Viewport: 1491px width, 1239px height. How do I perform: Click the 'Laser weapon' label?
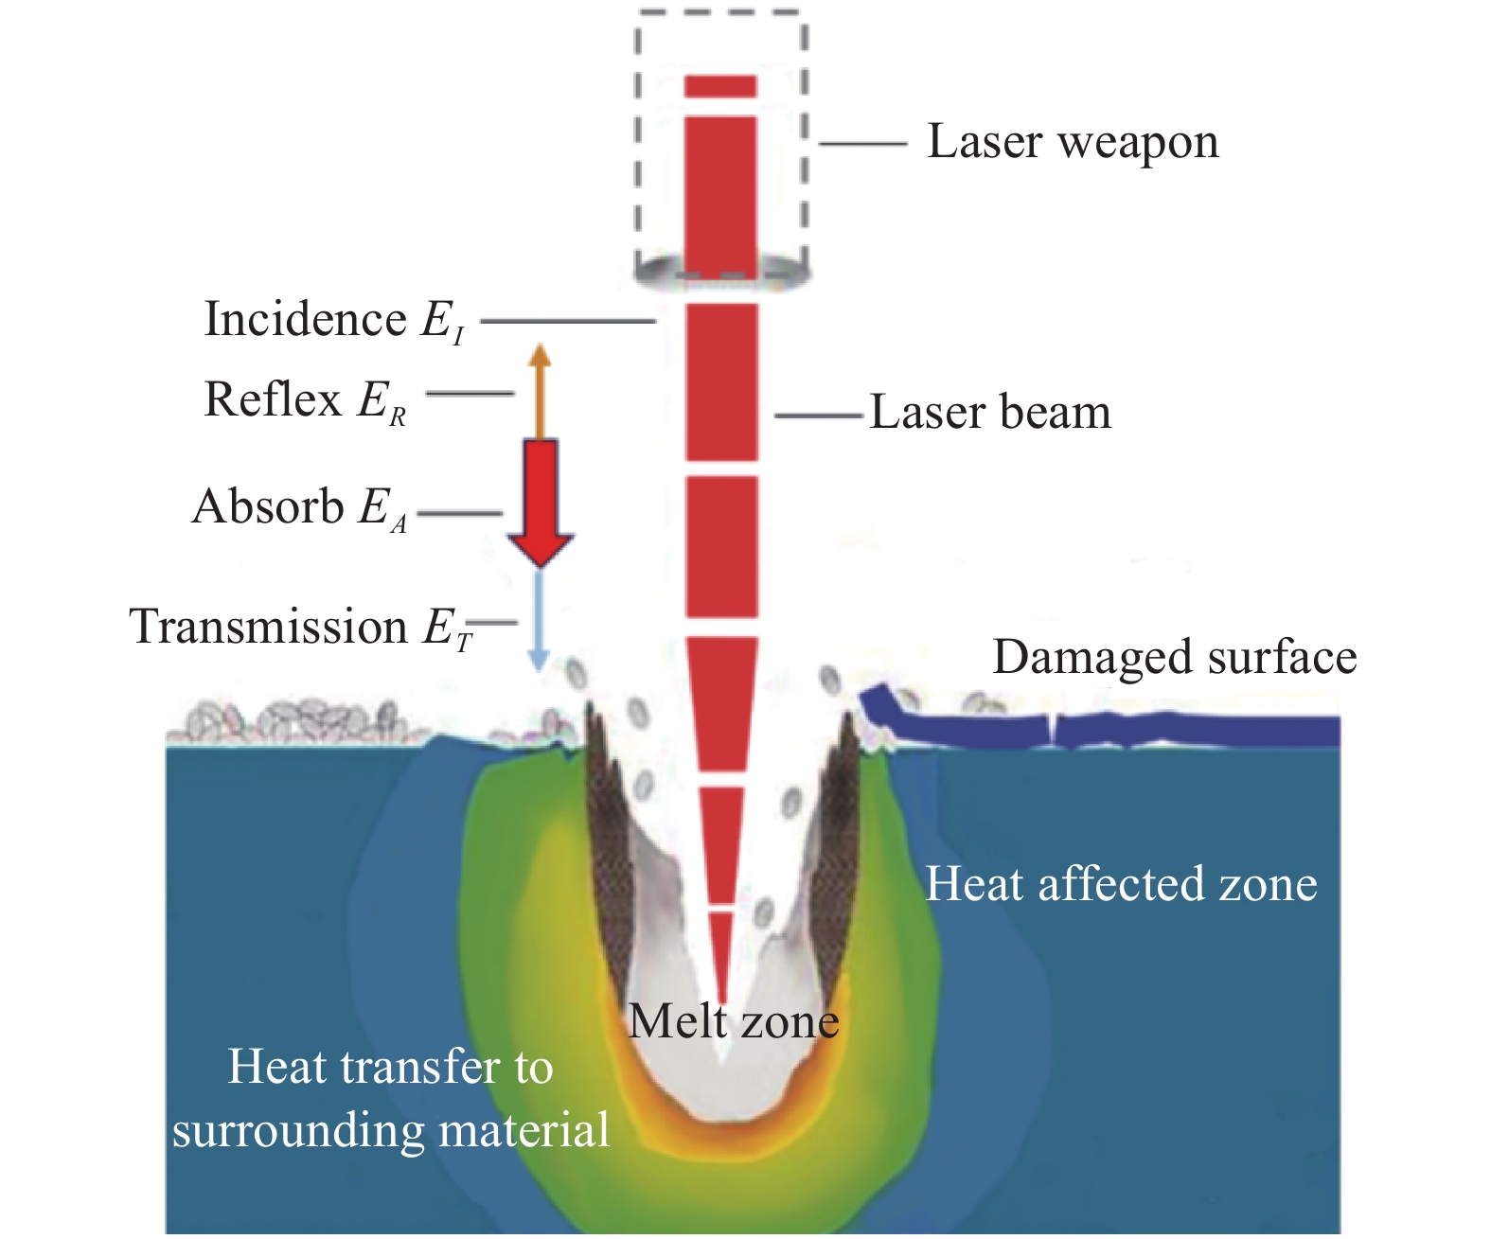(x=1072, y=143)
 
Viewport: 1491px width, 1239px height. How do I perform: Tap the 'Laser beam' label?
(x=990, y=413)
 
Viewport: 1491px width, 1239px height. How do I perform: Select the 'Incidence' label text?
(x=305, y=320)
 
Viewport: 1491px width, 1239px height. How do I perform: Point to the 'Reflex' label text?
(x=273, y=399)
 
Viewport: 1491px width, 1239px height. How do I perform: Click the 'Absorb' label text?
(x=268, y=506)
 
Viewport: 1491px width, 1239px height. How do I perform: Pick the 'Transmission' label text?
(x=268, y=627)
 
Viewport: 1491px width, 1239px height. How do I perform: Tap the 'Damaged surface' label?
(x=1174, y=657)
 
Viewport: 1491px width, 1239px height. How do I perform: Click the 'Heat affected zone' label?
(x=1121, y=884)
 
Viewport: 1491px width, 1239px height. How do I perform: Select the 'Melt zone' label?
(x=734, y=1022)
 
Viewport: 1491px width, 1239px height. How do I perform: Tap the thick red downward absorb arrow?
(x=541, y=502)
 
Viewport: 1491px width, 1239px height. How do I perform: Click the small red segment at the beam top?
(x=720, y=86)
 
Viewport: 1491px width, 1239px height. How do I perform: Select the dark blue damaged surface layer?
(x=1183, y=730)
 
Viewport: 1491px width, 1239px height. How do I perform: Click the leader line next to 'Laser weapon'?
(x=862, y=144)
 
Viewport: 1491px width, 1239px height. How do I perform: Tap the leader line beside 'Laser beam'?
(x=818, y=415)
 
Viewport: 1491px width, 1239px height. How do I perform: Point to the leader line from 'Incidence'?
(x=568, y=321)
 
